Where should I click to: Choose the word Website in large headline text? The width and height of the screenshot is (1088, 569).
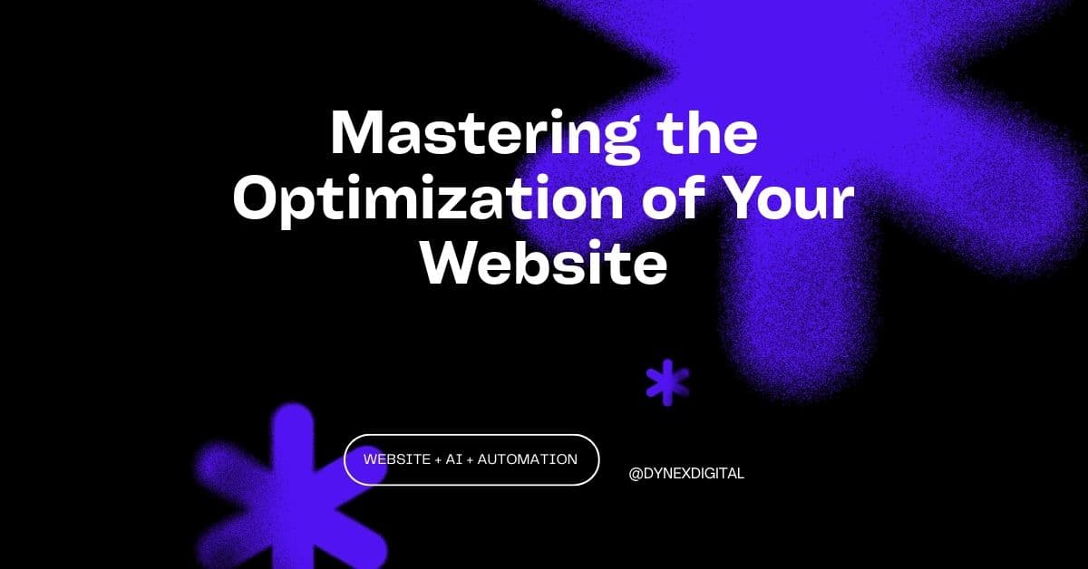545,263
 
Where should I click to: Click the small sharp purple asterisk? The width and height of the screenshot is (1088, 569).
667,381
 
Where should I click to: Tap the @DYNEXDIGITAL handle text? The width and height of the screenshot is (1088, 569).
686,473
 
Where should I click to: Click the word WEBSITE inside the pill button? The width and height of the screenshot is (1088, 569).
397,459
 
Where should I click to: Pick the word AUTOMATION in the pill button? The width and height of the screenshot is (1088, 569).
527,459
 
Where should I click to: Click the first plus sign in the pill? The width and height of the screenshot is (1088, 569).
438,459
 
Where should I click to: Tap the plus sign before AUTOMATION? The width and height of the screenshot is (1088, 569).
470,459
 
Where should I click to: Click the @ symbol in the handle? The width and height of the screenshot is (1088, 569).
635,473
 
